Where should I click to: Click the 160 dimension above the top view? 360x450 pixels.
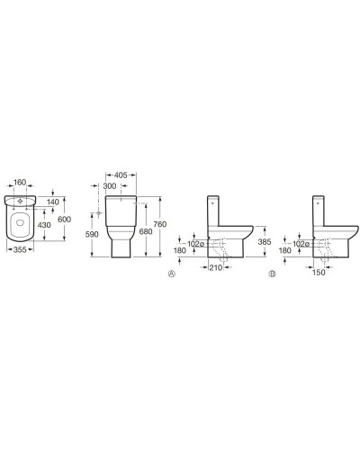[21, 183]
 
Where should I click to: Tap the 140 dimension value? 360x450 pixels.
[53, 202]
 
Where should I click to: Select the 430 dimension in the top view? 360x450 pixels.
[44, 225]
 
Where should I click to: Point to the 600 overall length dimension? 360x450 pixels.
[64, 220]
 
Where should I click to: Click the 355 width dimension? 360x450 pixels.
[20, 249]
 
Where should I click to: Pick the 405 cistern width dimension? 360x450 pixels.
[121, 175]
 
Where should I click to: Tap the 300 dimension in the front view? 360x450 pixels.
[110, 186]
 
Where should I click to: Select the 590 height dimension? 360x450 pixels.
[92, 234]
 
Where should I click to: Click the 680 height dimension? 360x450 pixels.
[146, 231]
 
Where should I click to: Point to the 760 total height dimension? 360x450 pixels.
[159, 224]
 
